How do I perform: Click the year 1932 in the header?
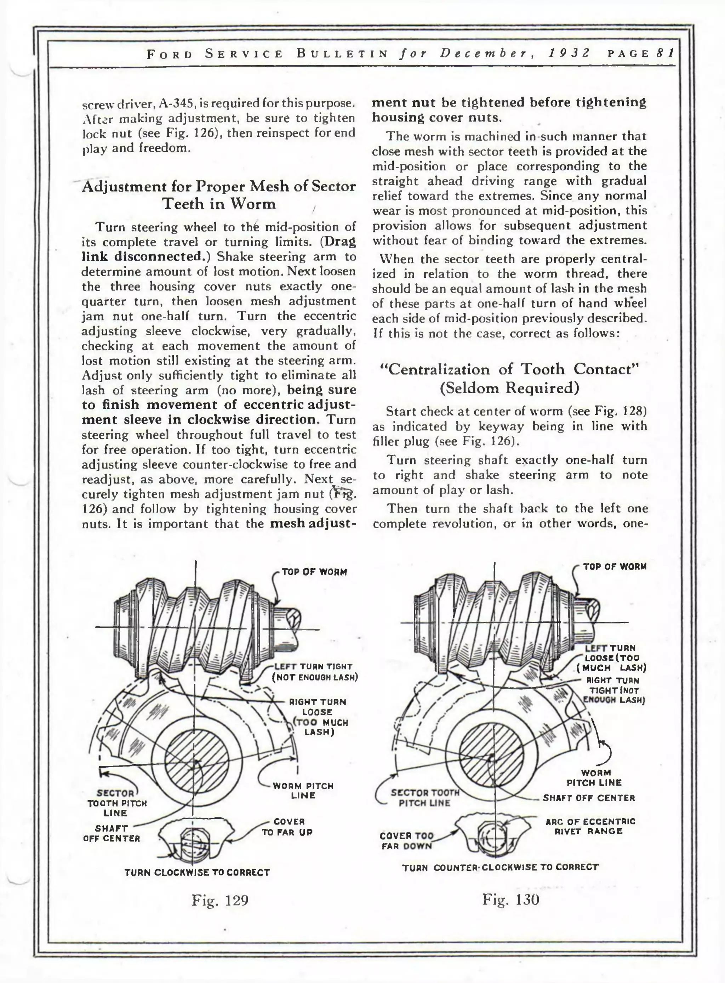(x=569, y=53)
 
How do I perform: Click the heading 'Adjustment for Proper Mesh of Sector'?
(x=218, y=187)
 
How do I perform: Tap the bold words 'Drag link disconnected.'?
(x=218, y=249)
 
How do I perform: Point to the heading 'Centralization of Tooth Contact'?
(x=509, y=369)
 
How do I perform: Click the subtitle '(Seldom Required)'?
(x=509, y=388)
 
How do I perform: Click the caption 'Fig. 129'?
(x=220, y=900)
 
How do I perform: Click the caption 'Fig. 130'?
(x=510, y=900)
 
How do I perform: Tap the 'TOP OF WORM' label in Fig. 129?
(x=314, y=572)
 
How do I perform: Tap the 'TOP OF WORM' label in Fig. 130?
(x=615, y=567)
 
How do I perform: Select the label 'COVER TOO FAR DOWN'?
(x=407, y=840)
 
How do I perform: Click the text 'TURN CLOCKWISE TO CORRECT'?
(x=197, y=872)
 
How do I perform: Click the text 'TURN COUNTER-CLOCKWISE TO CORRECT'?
(x=500, y=867)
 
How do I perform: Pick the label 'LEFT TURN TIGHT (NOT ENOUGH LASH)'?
(x=315, y=672)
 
